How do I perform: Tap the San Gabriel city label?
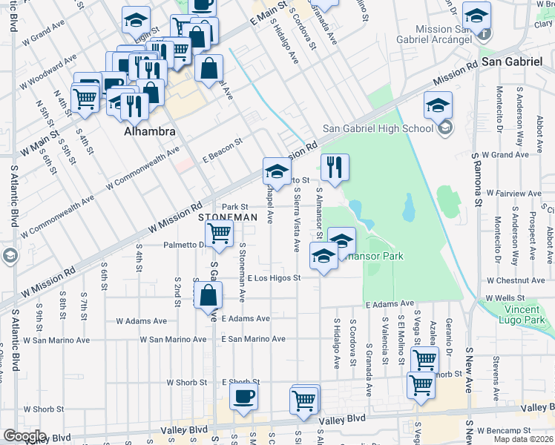512,62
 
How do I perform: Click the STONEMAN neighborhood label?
228,217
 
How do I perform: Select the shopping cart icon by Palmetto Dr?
219,233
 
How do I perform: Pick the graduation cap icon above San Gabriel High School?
439,105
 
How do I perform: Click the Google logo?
24,436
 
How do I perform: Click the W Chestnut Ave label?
516,281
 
